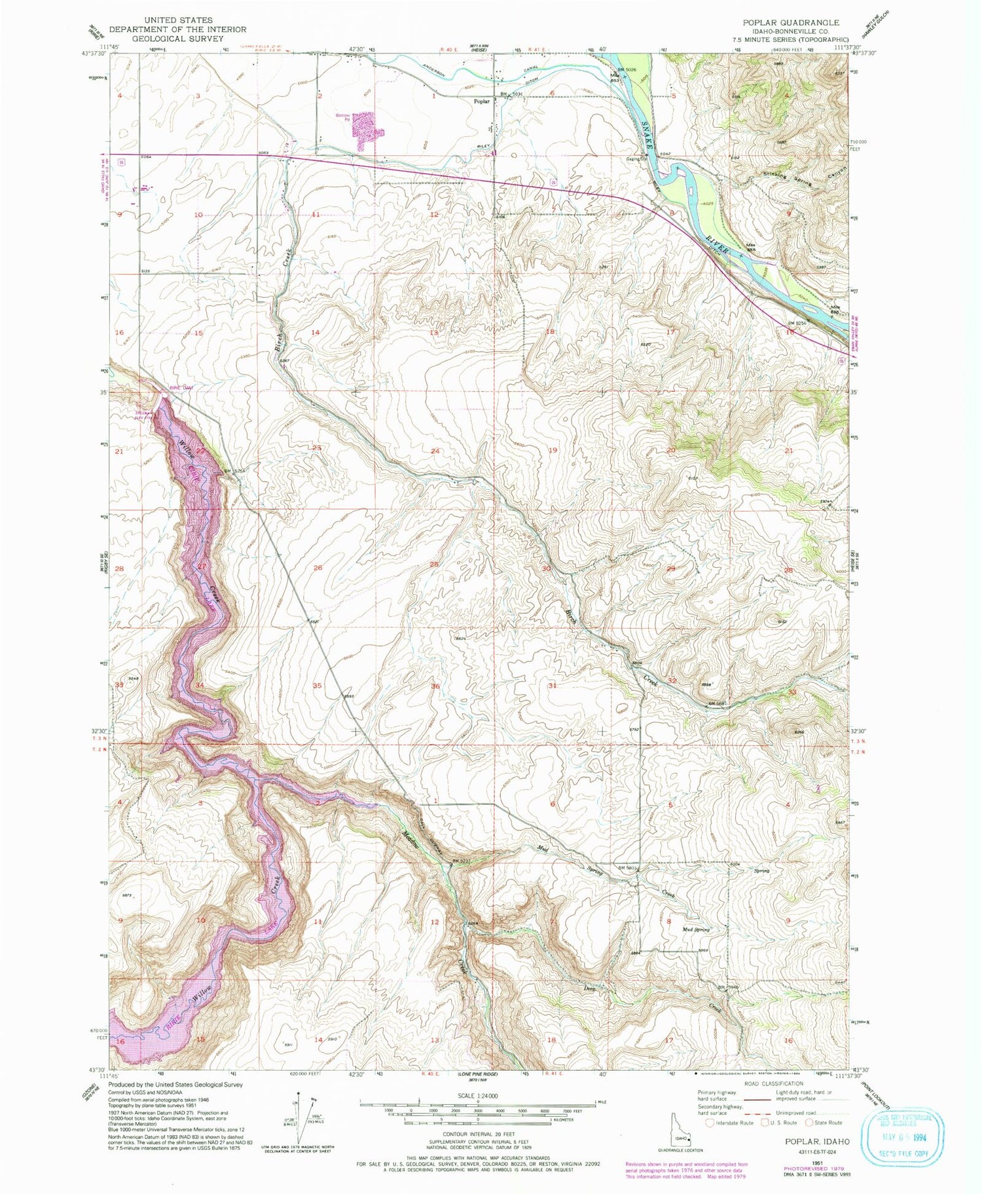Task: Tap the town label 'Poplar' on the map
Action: (482, 102)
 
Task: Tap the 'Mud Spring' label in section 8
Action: (695, 929)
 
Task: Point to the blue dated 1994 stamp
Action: (905, 1131)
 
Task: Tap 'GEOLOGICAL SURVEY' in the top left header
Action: (177, 38)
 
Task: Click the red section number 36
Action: (435, 686)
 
